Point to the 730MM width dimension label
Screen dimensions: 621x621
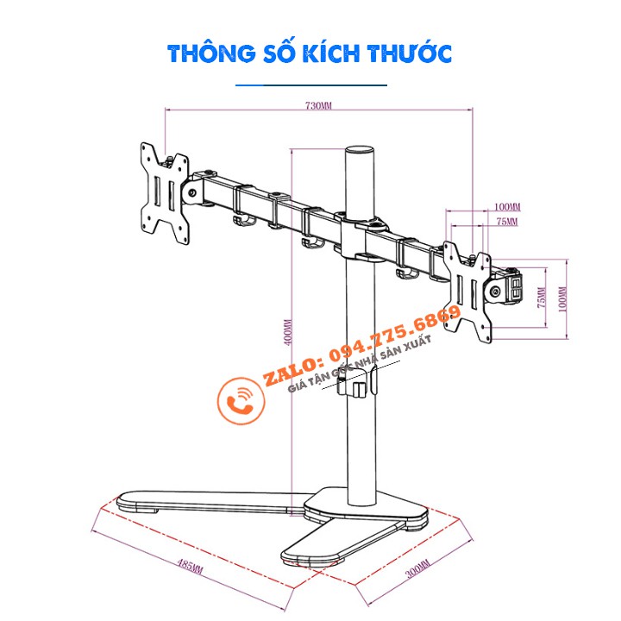tap(318, 106)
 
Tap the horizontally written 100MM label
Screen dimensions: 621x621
tap(508, 207)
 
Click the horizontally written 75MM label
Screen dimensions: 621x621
tap(506, 223)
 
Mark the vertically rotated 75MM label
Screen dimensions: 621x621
tap(541, 299)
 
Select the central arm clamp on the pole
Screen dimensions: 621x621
tap(359, 236)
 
